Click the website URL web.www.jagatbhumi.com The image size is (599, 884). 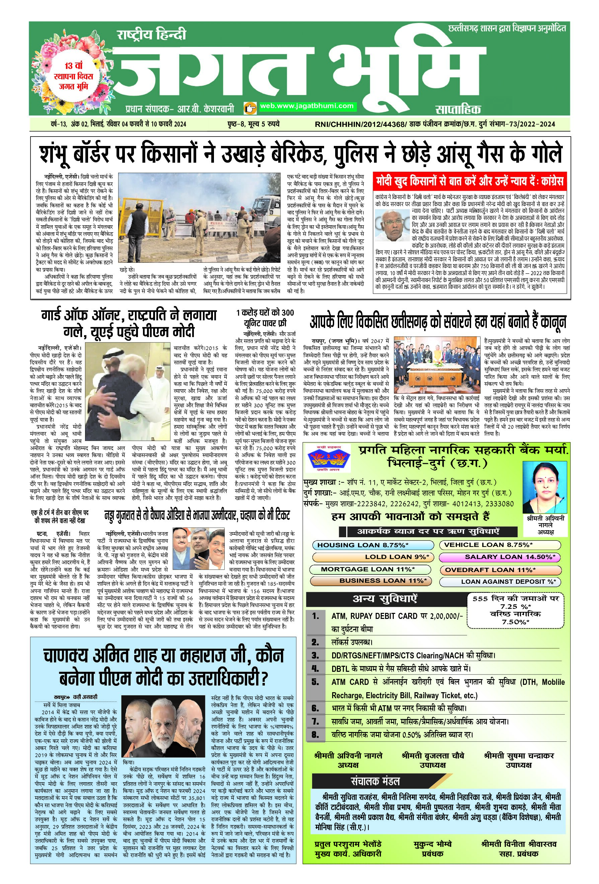[x=306, y=106]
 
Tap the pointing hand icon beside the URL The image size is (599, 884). [x=250, y=108]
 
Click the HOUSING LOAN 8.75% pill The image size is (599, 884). [x=363, y=545]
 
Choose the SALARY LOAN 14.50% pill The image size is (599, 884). [x=500, y=557]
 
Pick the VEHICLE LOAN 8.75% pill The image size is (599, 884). [x=500, y=545]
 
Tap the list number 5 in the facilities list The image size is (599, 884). [x=315, y=681]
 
